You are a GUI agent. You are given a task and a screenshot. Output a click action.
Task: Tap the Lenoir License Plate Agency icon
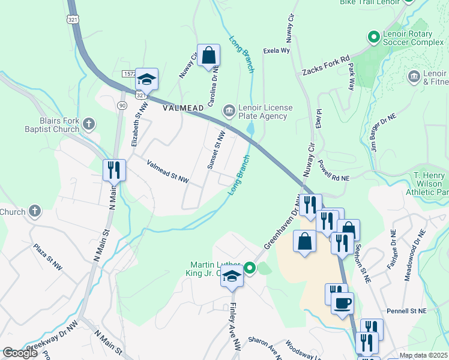229,110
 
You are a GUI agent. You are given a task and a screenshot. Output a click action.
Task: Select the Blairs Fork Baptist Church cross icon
88,124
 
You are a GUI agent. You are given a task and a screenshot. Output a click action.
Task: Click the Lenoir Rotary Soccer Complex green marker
373,38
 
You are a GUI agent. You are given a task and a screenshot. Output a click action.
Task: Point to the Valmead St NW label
168,172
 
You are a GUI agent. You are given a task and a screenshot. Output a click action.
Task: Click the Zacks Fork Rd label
326,65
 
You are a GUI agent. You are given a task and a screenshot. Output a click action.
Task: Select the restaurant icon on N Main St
113,170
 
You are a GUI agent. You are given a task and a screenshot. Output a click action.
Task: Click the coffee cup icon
342,304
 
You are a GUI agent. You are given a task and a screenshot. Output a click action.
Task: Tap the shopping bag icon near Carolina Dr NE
208,56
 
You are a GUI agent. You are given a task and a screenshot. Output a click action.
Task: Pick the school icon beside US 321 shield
146,79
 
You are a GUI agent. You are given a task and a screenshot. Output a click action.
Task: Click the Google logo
20,353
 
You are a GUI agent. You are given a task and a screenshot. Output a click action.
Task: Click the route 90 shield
122,106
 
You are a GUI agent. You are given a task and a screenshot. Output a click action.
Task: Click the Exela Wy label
277,51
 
